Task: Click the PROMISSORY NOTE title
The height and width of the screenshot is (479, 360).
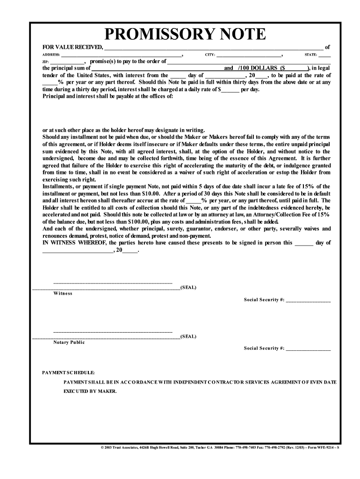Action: point(185,34)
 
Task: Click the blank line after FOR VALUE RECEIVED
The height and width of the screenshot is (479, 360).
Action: point(213,48)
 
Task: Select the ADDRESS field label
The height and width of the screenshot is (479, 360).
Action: point(51,55)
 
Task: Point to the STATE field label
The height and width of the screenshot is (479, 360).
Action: point(311,55)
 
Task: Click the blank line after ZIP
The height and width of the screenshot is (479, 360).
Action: point(67,62)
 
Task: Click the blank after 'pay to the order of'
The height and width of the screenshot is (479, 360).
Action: point(249,62)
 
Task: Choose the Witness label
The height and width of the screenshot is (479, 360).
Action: point(63,293)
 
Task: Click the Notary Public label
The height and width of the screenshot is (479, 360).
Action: point(69,342)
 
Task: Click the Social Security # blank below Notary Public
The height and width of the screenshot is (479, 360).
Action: point(308,349)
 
